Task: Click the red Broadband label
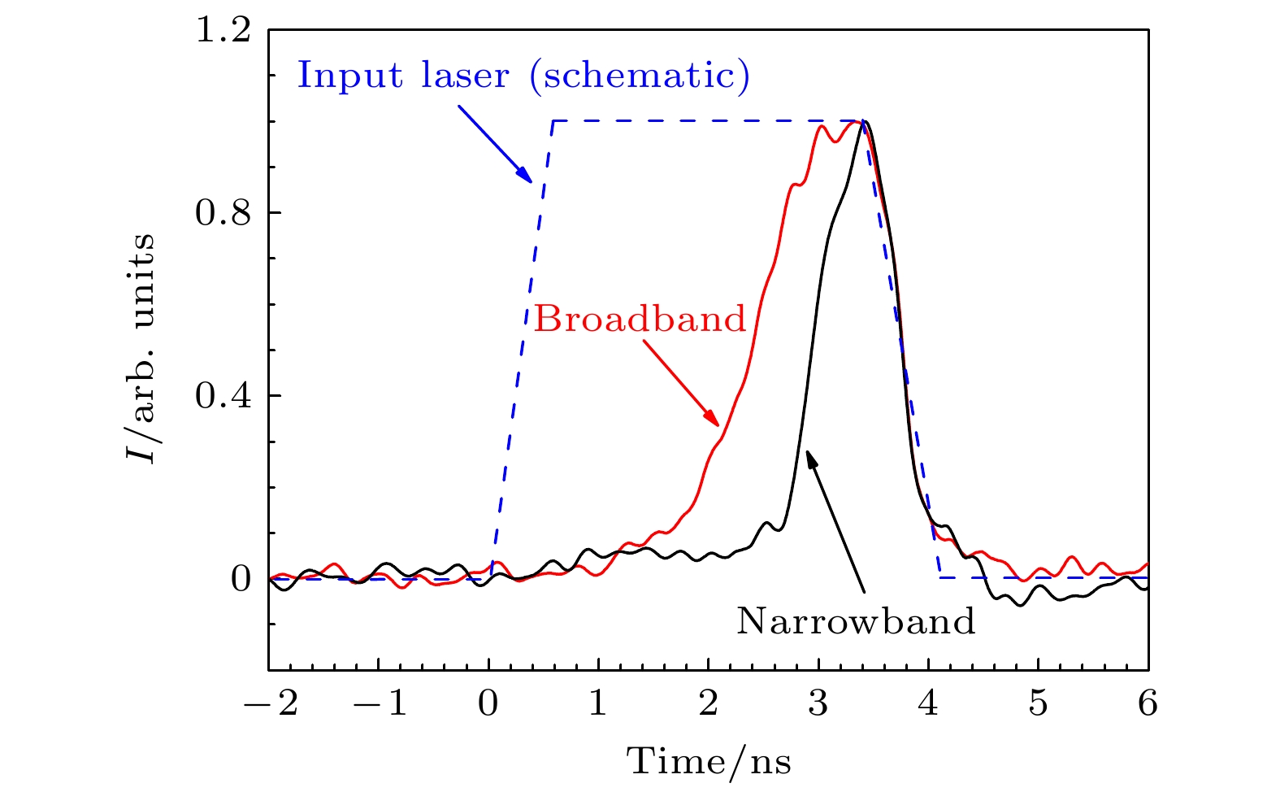[x=640, y=319]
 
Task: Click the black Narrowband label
[x=856, y=621]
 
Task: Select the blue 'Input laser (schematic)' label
[x=523, y=76]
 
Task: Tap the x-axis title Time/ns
[x=709, y=762]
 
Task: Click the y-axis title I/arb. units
[x=141, y=347]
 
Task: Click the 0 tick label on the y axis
[x=241, y=579]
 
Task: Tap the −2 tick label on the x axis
[x=271, y=703]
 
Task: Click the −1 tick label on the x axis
[x=381, y=703]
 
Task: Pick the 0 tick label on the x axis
[x=488, y=703]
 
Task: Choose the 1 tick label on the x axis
[x=599, y=703]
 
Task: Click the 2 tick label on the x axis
[x=709, y=703]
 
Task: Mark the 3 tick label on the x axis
[x=818, y=703]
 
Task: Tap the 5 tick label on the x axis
[x=1039, y=703]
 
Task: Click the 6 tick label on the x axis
[x=1148, y=703]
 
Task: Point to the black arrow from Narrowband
[x=835, y=520]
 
